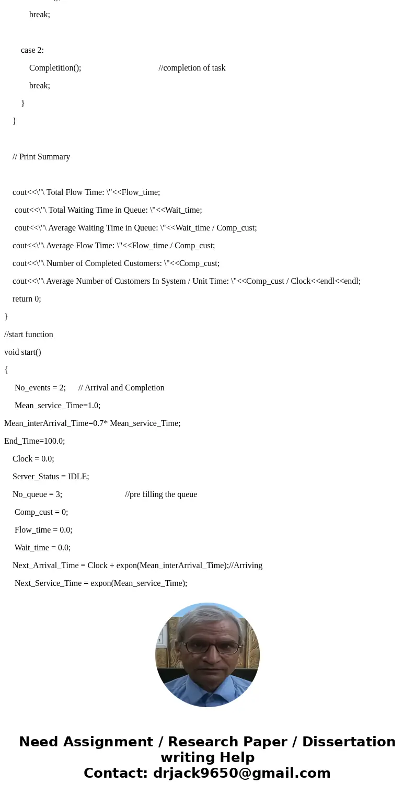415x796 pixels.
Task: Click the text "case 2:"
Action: pos(32,50)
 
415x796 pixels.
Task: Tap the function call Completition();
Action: pos(55,68)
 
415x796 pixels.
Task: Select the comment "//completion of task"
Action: pos(192,68)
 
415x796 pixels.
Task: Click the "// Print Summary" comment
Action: pos(41,157)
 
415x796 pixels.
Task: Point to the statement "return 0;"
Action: pos(27,299)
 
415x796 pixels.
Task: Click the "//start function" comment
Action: pos(29,334)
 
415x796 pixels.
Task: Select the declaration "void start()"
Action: pos(22,352)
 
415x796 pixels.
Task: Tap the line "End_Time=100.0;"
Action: pos(34,441)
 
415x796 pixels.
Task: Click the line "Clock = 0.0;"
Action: pos(33,459)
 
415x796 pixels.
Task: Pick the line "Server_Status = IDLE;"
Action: pos(51,477)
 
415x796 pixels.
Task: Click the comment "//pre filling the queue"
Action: pos(161,494)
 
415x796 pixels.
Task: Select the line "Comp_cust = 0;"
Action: pos(41,512)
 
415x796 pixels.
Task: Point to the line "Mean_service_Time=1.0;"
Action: pos(57,406)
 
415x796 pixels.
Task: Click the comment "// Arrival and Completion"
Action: pos(121,388)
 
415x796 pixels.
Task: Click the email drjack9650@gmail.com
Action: pos(241,773)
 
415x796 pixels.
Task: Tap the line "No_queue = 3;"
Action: pos(37,494)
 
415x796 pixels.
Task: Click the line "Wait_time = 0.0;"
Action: pos(42,548)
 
